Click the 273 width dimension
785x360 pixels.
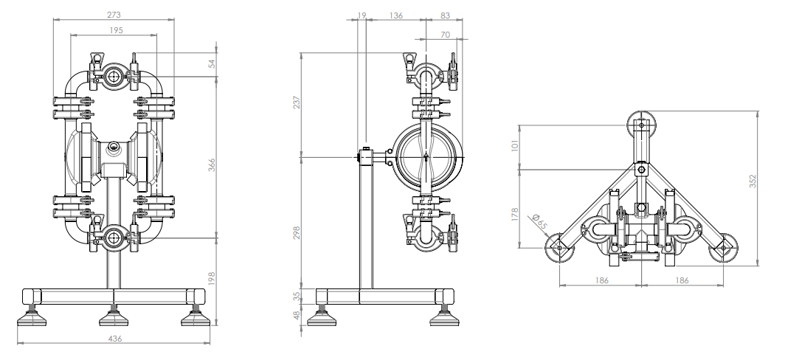(114, 15)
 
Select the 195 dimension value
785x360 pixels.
(116, 30)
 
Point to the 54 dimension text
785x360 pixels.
(212, 63)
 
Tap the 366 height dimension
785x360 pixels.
(212, 165)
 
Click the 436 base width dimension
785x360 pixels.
(115, 339)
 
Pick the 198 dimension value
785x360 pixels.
(212, 280)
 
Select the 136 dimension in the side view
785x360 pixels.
(395, 15)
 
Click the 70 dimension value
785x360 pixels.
(445, 35)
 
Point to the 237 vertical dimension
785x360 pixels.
(297, 103)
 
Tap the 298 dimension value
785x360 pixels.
(297, 232)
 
